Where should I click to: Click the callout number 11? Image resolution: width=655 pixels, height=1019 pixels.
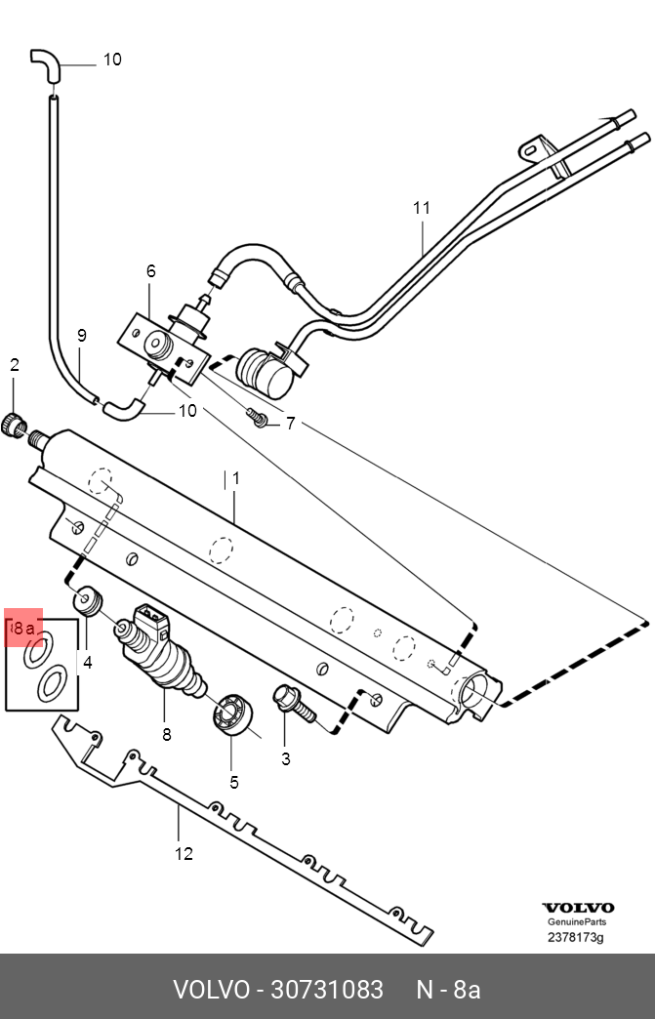pyautogui.click(x=422, y=208)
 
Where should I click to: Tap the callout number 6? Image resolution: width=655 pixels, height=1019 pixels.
pyautogui.click(x=150, y=271)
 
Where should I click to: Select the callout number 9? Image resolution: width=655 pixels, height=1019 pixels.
pyautogui.click(x=81, y=336)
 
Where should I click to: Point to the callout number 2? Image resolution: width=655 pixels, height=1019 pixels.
pyautogui.click(x=15, y=365)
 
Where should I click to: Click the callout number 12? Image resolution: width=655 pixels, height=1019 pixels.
pyautogui.click(x=184, y=854)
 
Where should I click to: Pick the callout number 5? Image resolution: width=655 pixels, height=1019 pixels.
pyautogui.click(x=234, y=783)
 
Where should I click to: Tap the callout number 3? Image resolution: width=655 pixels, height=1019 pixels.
pyautogui.click(x=286, y=759)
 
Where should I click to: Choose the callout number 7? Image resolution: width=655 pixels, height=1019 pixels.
pyautogui.click(x=291, y=423)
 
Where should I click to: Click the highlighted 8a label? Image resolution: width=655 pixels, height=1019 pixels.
pyautogui.click(x=24, y=628)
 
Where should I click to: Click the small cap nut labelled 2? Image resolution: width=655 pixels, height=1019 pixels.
pyautogui.click(x=15, y=425)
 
